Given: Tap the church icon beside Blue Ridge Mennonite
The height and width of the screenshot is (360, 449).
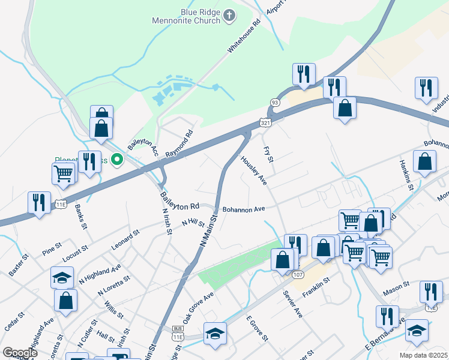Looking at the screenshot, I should click(x=229, y=16).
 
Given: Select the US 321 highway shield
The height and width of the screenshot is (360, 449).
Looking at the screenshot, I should click(x=265, y=122).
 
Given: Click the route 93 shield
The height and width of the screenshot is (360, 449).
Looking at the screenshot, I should click(x=274, y=103).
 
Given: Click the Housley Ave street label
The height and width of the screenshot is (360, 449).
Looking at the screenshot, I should click(x=254, y=170).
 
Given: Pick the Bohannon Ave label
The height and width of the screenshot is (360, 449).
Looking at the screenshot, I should click(x=243, y=209).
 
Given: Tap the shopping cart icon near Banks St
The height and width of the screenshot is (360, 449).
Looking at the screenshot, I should click(x=64, y=173).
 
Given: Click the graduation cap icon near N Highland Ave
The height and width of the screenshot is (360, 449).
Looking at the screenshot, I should click(x=62, y=277).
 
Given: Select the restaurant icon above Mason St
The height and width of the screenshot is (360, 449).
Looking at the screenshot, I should click(x=430, y=291).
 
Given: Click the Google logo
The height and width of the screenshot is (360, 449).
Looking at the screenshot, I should click(x=20, y=353).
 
